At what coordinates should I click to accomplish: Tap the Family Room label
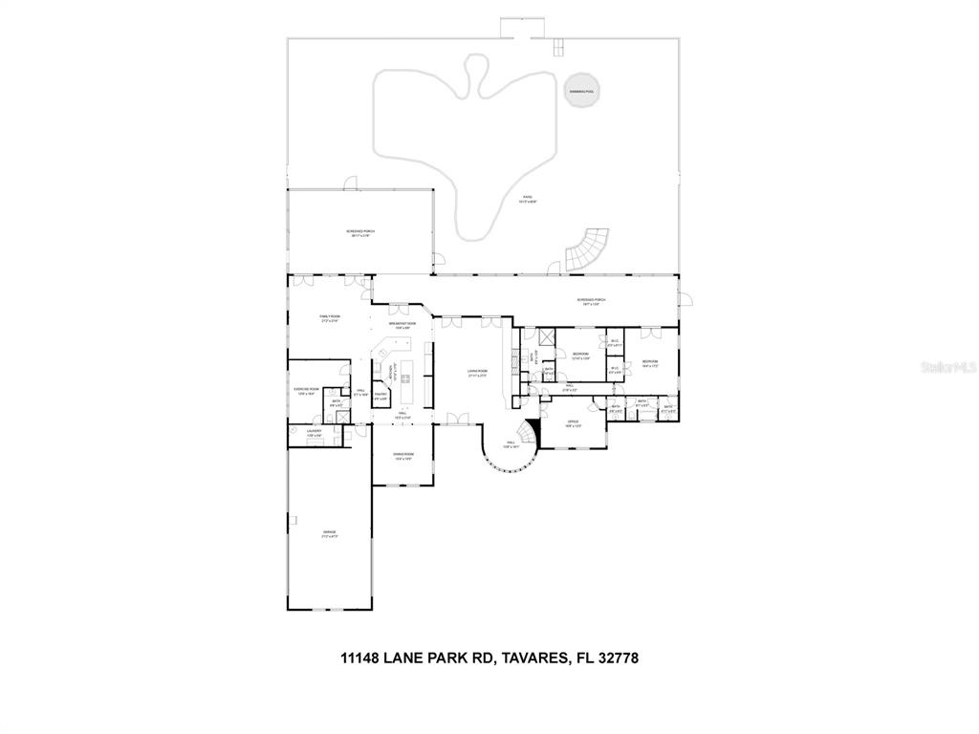[x=330, y=318]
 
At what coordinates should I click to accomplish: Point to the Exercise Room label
[x=306, y=391]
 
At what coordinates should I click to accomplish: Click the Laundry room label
[x=315, y=433]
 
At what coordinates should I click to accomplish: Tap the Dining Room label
[x=402, y=456]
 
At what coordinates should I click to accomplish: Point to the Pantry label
[x=381, y=396]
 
